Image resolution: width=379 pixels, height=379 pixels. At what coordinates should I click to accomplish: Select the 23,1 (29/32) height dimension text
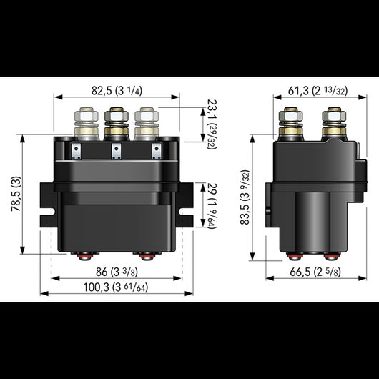tap(211, 123)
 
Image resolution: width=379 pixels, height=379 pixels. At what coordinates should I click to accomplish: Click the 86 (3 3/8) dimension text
tap(116, 272)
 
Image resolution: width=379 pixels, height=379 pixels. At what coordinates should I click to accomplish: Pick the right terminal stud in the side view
tap(331, 123)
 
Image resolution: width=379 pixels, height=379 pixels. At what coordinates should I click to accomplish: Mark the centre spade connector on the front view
tap(116, 152)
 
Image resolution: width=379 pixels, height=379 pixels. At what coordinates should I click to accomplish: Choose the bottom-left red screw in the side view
tap(292, 255)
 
